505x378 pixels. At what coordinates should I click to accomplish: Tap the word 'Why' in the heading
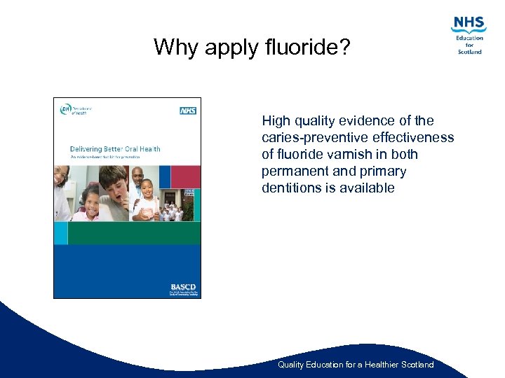tap(173, 48)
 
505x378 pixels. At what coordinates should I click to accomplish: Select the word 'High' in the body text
tap(276, 120)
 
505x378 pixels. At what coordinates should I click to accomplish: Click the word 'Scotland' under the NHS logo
tap(470, 51)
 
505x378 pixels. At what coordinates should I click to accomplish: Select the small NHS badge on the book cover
tap(187, 111)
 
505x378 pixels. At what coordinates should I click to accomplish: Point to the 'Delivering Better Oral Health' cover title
tap(115, 148)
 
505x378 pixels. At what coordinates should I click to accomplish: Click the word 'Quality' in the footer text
tap(292, 365)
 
